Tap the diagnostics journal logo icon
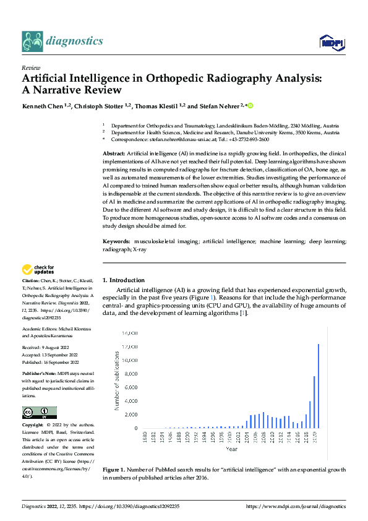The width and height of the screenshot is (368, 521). [x=32, y=41]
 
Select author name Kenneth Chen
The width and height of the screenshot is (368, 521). [x=45, y=106]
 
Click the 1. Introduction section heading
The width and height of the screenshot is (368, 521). [x=124, y=280]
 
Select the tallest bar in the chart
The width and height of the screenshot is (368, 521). [x=319, y=386]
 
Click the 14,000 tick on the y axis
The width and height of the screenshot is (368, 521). [x=129, y=334]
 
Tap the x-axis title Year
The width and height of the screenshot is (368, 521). [x=231, y=449]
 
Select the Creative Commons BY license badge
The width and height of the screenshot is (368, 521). [x=39, y=412]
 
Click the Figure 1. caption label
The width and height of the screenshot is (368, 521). [x=117, y=470]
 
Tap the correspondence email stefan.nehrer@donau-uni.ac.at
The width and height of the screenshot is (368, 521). [x=179, y=140]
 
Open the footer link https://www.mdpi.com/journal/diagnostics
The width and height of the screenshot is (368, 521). [x=296, y=506]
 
